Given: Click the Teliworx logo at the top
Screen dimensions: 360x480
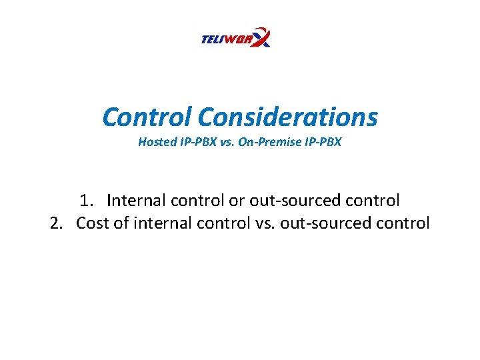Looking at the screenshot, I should (x=235, y=38).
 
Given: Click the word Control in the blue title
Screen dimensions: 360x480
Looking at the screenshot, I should (x=146, y=117).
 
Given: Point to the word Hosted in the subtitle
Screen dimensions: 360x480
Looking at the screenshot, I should (x=155, y=142).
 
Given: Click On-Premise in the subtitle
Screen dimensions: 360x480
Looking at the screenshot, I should (x=263, y=142).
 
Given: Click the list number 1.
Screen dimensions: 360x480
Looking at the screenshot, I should (x=85, y=200).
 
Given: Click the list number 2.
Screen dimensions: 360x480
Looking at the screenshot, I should (x=57, y=223).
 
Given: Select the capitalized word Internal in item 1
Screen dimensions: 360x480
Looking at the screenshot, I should (x=136, y=200).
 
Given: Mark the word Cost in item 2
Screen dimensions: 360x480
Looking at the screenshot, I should (x=93, y=223).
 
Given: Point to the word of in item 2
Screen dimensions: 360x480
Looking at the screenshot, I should (x=121, y=223).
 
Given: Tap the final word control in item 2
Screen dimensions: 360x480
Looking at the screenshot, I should (x=403, y=223).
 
